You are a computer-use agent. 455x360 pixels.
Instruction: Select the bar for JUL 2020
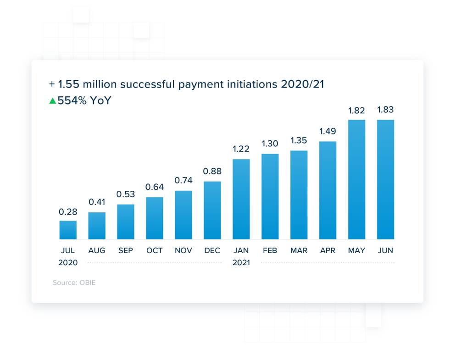(68, 230)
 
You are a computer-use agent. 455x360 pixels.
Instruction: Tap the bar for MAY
(356, 179)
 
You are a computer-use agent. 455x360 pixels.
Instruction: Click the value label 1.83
(385, 110)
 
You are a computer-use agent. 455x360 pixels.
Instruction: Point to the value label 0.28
(68, 212)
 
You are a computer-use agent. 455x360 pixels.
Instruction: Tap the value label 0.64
(155, 187)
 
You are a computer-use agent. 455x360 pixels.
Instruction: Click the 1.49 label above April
(328, 132)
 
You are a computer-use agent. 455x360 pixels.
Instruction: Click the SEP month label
(126, 250)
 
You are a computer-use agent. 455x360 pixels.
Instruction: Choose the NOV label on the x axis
(183, 250)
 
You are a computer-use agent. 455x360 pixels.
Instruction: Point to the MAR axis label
(299, 250)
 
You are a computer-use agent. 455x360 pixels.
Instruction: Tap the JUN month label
(385, 250)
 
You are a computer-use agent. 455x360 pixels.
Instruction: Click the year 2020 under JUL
(68, 263)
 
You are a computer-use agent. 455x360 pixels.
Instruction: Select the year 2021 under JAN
(241, 263)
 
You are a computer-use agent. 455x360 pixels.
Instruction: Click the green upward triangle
(53, 100)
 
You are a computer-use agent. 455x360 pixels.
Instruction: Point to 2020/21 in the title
(303, 84)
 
